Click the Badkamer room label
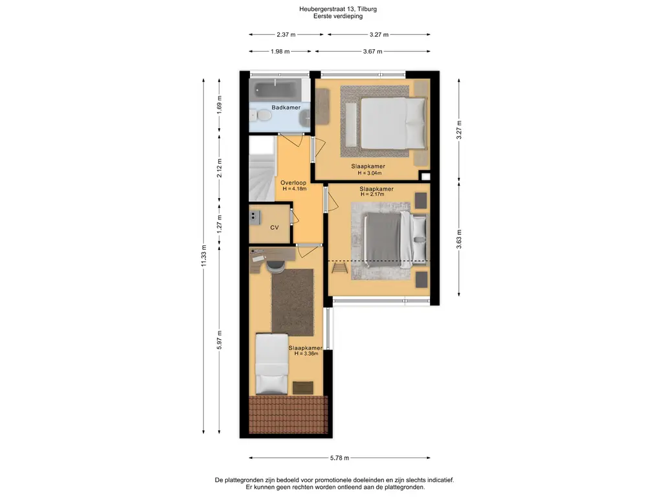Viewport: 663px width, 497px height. tap(286, 107)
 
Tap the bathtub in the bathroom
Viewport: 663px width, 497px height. tap(275, 89)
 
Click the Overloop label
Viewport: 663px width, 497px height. tap(293, 183)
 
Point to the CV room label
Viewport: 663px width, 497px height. tap(275, 227)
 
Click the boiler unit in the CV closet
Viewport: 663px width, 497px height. tap(254, 217)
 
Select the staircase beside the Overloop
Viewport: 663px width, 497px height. tap(262, 168)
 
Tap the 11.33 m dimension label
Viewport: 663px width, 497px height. tap(204, 256)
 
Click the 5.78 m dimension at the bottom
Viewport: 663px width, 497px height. tap(339, 458)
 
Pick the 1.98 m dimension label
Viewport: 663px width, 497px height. tap(280, 52)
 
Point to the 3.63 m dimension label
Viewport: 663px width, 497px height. tap(459, 239)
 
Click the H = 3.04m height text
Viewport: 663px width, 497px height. tap(370, 173)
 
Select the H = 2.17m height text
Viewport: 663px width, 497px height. tap(372, 194)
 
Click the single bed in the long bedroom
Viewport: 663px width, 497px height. tap(272, 364)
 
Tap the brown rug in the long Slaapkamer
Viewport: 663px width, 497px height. tap(293, 302)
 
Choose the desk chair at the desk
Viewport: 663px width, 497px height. tap(275, 265)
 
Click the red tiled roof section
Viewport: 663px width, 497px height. tap(288, 415)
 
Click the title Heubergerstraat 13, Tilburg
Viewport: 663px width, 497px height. tap(338, 9)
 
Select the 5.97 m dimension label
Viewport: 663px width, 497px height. tap(219, 340)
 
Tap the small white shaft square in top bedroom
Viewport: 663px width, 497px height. tap(425, 177)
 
